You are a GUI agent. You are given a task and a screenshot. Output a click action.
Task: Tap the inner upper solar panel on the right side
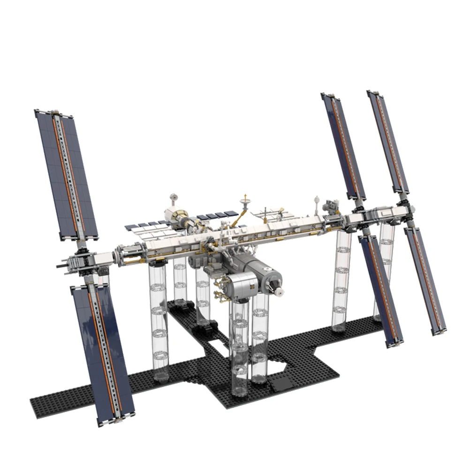pyautogui.click(x=343, y=145)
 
